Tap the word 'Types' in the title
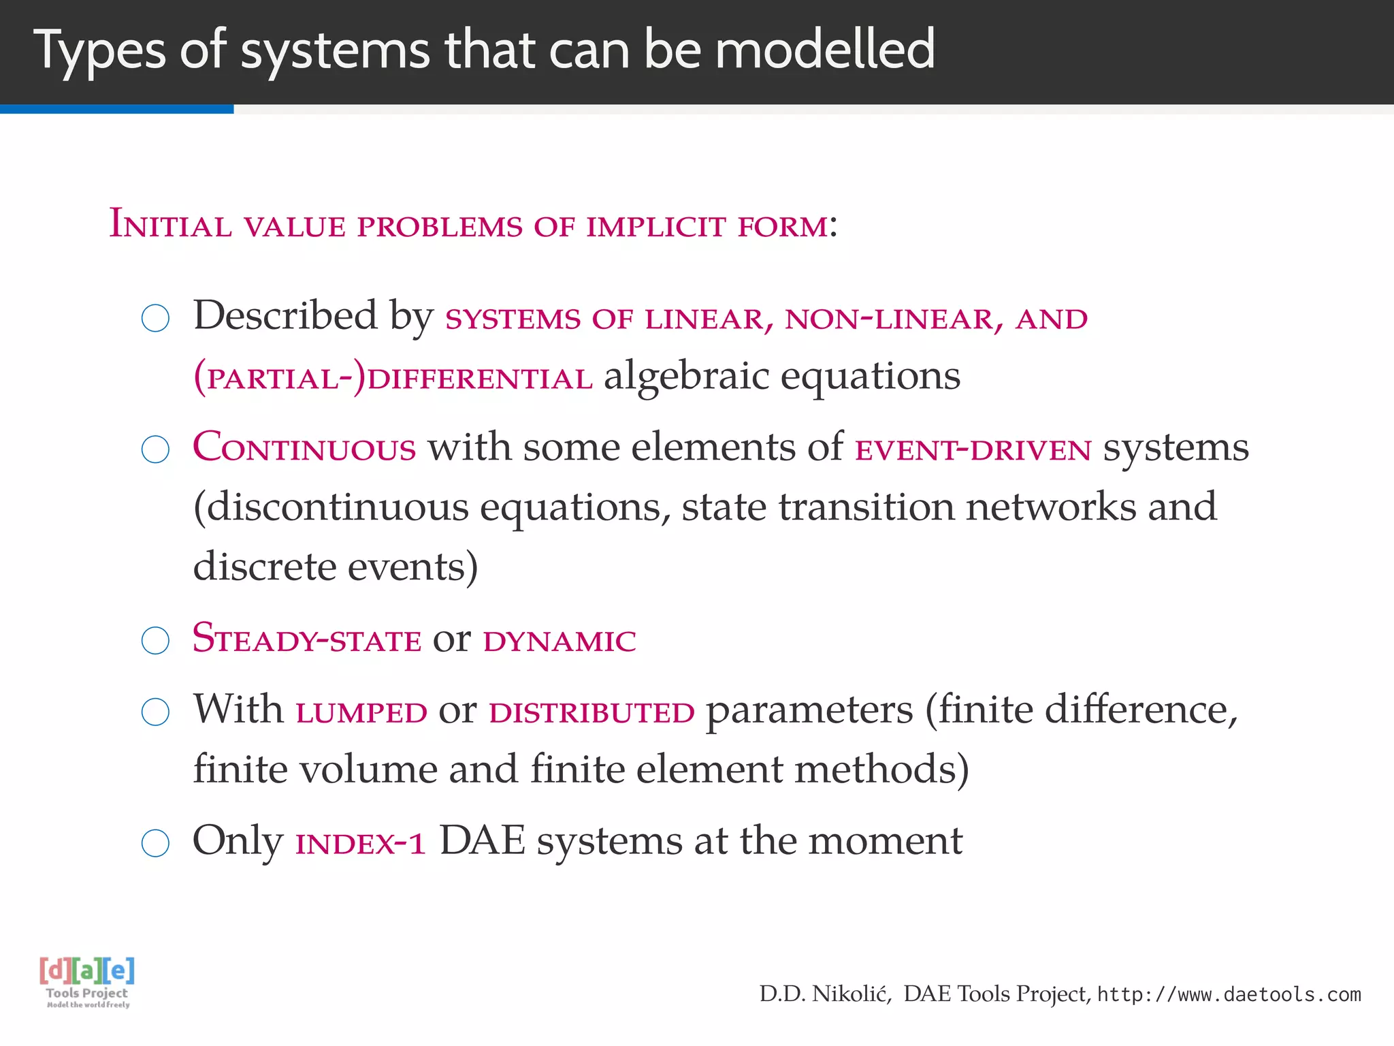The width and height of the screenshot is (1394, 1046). point(99,50)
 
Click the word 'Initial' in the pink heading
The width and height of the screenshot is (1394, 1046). point(170,225)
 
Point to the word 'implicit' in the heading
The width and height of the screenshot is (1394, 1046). point(656,226)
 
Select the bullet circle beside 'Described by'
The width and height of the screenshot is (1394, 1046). point(155,318)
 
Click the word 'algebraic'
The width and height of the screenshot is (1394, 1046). point(686,377)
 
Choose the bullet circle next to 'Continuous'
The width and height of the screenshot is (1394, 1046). point(155,449)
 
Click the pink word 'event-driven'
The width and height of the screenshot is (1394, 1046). point(973,450)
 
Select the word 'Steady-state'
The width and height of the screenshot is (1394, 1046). point(307,639)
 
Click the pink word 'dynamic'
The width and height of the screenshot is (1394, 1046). point(560,641)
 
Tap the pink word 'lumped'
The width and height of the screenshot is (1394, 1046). point(361,712)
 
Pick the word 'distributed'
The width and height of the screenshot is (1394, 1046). point(591,712)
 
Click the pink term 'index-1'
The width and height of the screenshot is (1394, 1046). point(361,844)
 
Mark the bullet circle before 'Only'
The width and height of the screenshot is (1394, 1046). point(155,843)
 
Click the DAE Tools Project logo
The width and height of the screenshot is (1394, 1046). point(87,981)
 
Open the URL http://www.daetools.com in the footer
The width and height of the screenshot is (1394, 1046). point(1229,995)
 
